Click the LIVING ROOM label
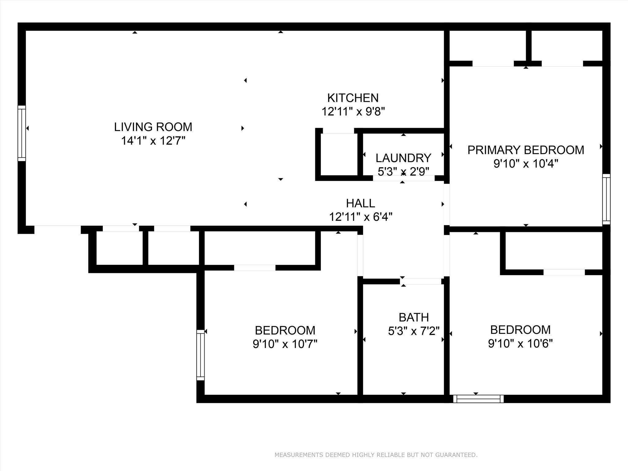153,127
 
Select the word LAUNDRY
403,158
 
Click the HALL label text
360,203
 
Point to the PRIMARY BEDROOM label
526,150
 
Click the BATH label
414,317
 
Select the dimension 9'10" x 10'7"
285,344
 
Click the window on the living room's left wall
22,133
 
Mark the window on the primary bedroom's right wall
606,199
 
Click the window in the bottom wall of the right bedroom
478,399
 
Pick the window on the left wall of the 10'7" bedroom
200,355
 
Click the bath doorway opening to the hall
421,281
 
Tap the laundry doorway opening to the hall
404,178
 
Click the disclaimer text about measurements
376,455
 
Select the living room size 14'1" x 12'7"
153,141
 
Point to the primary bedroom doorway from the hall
447,205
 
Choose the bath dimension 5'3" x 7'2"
414,331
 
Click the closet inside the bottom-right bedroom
553,251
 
